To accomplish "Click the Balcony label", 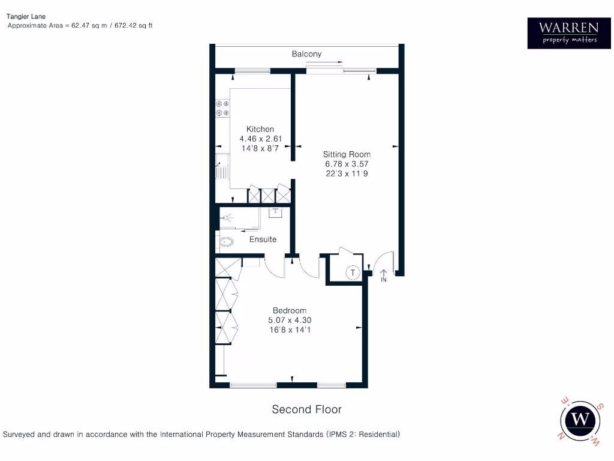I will (306, 54).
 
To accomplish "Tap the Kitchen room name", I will (260, 129).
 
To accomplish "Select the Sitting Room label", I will (347, 154).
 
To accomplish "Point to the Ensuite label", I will (263, 240).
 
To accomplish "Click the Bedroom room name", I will (290, 310).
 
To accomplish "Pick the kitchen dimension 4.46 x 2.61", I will (260, 138).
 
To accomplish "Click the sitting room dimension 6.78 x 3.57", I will (347, 164).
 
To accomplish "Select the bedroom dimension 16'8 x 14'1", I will (290, 330).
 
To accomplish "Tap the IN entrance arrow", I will (384, 275).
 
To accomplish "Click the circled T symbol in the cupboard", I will (353, 273).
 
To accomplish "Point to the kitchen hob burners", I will (222, 108).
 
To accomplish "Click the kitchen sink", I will (222, 166).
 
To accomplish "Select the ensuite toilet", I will (225, 243).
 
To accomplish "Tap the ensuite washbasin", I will (276, 211).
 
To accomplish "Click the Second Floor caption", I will (306, 409).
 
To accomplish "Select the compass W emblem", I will (580, 419).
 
